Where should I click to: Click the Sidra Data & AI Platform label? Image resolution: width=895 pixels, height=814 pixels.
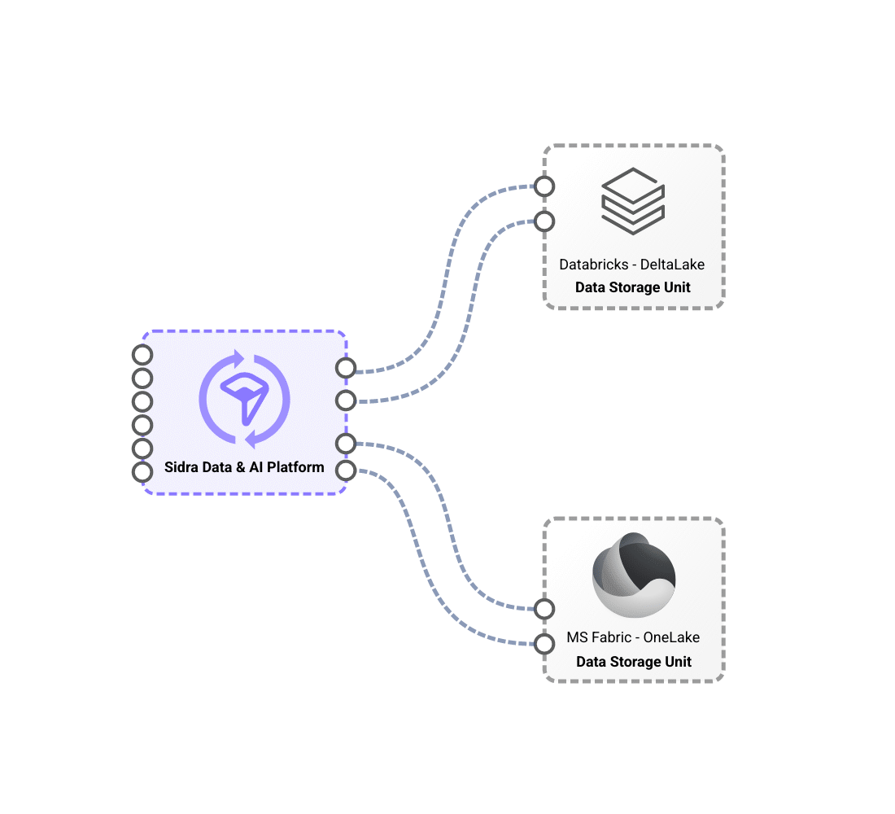[x=244, y=467]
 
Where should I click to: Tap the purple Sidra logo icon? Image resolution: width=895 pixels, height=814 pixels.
[x=244, y=399]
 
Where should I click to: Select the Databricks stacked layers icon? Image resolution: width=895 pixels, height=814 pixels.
[x=633, y=201]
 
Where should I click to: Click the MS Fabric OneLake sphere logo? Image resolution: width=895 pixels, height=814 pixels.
[x=634, y=575]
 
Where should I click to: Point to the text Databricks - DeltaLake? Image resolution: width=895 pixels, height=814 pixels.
[x=632, y=265]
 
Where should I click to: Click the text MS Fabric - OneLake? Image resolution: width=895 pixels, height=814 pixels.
[x=633, y=637]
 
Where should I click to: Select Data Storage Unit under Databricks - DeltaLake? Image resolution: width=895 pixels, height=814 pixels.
[x=633, y=287]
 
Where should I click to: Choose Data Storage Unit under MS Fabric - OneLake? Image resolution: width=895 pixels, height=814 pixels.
[x=634, y=662]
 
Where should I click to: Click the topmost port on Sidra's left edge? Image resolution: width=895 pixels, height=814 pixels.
[x=142, y=355]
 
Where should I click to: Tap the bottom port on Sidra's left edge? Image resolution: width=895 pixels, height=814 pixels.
[x=142, y=472]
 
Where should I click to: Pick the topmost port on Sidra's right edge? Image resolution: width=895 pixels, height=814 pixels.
[x=346, y=368]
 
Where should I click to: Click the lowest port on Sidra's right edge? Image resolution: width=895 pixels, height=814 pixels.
[x=346, y=470]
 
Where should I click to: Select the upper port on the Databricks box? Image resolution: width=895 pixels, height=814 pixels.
[x=544, y=186]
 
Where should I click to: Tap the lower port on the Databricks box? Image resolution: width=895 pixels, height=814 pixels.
[x=544, y=221]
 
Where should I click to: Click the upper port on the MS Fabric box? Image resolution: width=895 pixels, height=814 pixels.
[x=544, y=609]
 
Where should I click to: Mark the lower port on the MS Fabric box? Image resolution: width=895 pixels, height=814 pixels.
[x=544, y=644]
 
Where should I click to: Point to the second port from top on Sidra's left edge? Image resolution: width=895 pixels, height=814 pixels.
[x=142, y=379]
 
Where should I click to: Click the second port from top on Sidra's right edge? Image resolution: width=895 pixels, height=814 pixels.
[x=346, y=400]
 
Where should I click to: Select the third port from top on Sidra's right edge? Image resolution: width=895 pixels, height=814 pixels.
[x=346, y=444]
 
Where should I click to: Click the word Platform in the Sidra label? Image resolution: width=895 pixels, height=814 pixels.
[x=295, y=467]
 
